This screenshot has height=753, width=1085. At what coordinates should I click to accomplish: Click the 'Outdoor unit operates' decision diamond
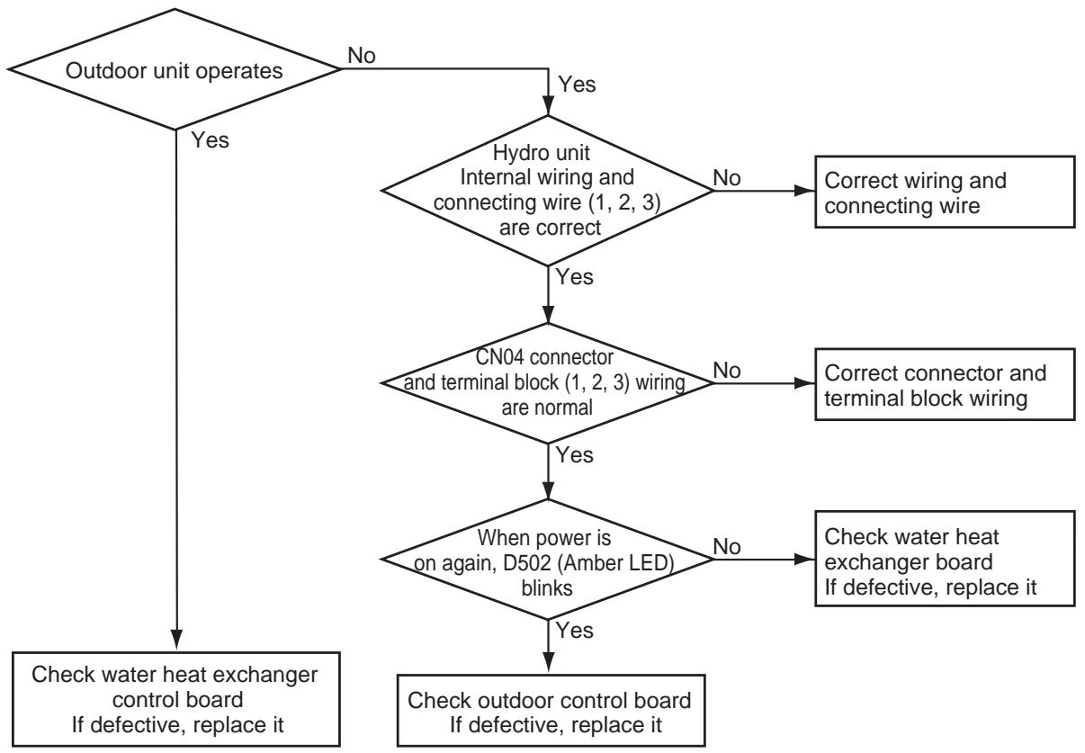click(175, 69)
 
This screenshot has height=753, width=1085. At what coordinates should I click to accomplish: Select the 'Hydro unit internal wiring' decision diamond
click(548, 191)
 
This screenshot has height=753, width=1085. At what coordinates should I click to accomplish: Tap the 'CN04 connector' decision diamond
click(548, 383)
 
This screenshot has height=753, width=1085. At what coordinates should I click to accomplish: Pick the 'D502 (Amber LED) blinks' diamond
click(548, 560)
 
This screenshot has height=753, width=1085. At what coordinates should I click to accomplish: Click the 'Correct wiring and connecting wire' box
click(945, 192)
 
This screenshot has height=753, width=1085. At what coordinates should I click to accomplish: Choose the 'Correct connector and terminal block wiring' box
click(945, 384)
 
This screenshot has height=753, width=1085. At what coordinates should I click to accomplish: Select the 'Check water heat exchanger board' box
click(945, 559)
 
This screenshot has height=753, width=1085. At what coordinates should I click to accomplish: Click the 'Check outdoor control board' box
click(551, 711)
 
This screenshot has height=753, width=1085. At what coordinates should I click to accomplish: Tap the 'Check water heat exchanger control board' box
click(176, 699)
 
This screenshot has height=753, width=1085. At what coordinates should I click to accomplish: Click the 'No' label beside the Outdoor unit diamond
click(362, 56)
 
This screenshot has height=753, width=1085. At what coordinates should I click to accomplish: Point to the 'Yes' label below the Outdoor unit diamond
click(210, 140)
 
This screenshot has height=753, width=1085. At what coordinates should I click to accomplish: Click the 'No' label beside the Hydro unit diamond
click(727, 178)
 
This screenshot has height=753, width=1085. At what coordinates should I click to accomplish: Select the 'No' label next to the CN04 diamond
click(727, 371)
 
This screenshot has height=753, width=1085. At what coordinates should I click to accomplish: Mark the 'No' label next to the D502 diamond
click(727, 547)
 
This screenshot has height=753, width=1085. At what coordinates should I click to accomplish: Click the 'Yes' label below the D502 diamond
click(575, 631)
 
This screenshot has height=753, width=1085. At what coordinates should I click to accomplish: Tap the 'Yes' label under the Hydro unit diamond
click(575, 277)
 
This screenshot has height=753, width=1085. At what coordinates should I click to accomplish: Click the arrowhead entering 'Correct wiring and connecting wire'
click(805, 191)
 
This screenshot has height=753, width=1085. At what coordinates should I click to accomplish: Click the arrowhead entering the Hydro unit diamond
click(548, 105)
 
